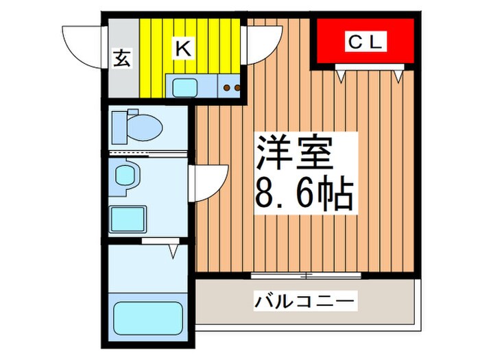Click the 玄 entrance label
(121, 59)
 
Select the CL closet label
(364, 43)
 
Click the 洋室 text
(295, 156)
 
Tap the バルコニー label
(305, 300)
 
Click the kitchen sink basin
(184, 87)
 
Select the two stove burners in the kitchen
(230, 88)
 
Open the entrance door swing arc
(81, 43)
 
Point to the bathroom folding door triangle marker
(173, 252)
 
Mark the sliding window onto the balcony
(305, 275)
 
